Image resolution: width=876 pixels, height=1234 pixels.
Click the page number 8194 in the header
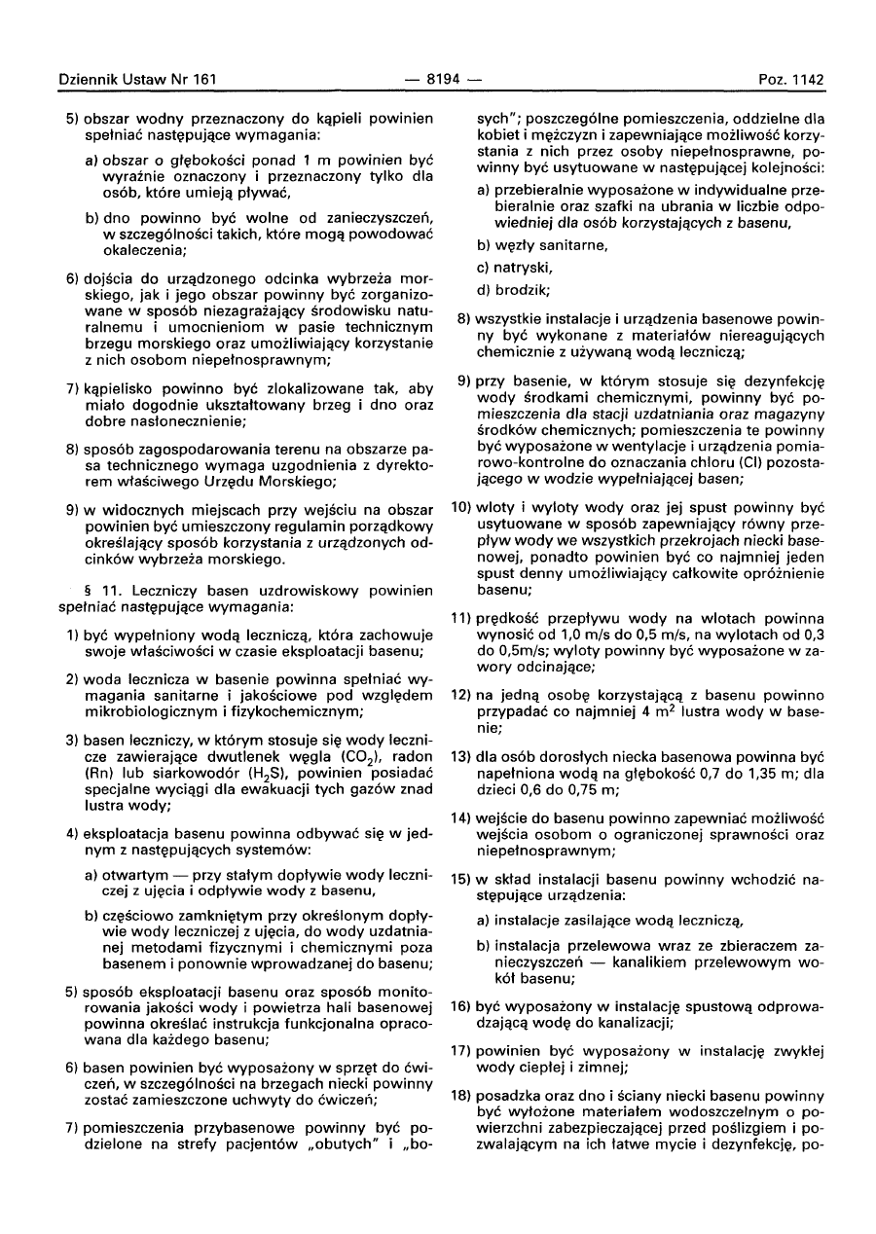[438, 78]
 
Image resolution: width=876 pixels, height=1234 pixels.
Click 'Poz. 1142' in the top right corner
[791, 78]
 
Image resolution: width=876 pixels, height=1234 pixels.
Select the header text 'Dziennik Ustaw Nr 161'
[137, 78]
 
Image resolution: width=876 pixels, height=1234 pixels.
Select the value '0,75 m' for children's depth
[592, 789]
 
